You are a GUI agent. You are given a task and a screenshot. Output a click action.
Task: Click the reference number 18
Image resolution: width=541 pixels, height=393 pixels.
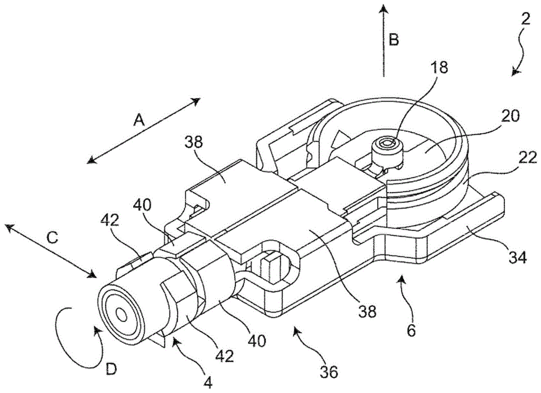(x=438, y=67)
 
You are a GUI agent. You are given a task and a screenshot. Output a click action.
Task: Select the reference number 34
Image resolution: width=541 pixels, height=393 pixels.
(x=517, y=257)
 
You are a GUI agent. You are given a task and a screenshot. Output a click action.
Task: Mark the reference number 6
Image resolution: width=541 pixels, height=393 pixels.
(x=411, y=331)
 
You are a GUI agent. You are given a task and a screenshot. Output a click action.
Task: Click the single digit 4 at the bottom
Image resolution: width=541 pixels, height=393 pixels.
(x=208, y=382)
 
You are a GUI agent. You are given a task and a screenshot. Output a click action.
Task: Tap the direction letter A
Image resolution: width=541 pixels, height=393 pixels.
(x=138, y=121)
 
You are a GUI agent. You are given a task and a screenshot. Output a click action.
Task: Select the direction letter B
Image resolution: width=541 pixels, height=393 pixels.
(x=394, y=39)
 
